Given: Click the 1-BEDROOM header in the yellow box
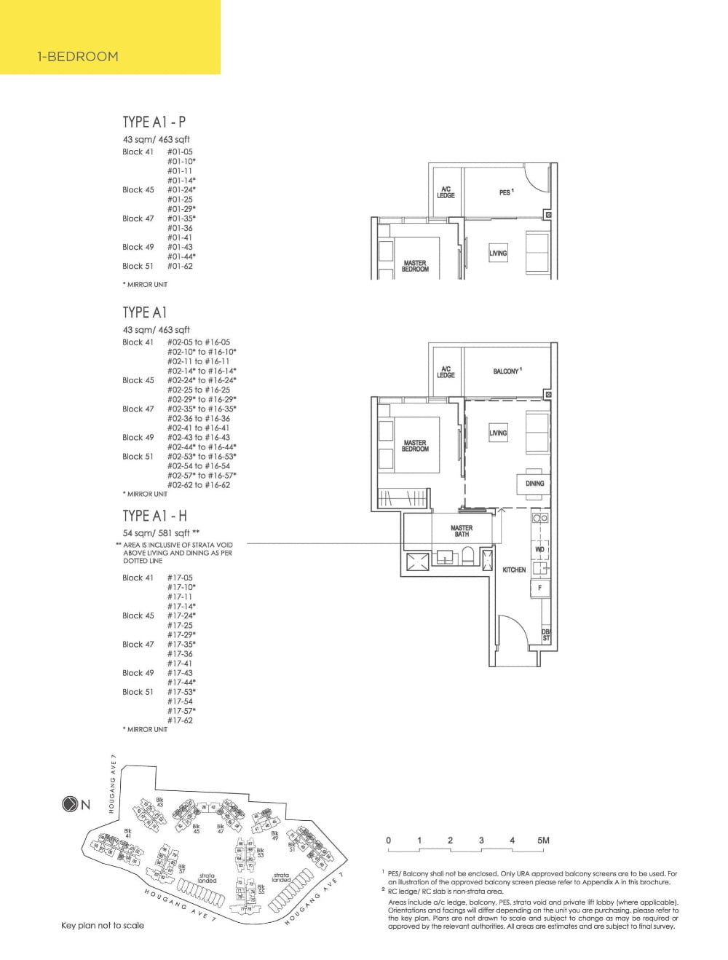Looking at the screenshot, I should (x=78, y=57).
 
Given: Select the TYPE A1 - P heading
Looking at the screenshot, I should (x=154, y=122).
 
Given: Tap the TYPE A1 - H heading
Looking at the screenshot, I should (x=154, y=516).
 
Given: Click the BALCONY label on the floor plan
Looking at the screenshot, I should (x=507, y=371).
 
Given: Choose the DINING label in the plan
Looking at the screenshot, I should (x=534, y=484).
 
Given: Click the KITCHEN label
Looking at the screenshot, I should (x=514, y=570).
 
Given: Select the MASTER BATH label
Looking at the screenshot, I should (x=462, y=531).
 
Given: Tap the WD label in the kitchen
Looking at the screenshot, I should (x=539, y=549).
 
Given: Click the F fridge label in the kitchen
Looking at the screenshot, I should (x=539, y=587).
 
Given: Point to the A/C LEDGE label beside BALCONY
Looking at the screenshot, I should (x=446, y=371).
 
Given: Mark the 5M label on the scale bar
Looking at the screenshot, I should (x=542, y=841).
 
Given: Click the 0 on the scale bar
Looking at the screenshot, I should (x=389, y=841).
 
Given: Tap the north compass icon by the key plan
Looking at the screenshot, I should (x=71, y=805).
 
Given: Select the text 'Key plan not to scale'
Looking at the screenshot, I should (x=103, y=925).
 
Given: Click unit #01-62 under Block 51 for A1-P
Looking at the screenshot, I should (x=180, y=266).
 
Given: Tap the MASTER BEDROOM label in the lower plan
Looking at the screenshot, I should (x=415, y=446).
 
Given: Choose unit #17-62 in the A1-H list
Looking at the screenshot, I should (x=180, y=720).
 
